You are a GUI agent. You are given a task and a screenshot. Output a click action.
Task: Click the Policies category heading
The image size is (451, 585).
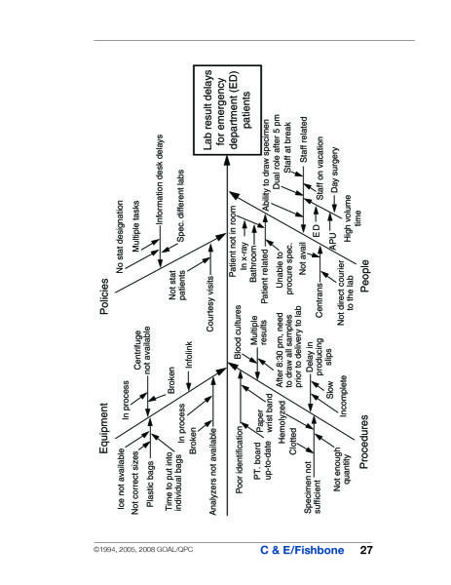click(105, 295)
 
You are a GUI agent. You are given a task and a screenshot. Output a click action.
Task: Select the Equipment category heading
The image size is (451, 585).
click(104, 428)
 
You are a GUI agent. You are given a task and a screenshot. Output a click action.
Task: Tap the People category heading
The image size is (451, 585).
click(365, 276)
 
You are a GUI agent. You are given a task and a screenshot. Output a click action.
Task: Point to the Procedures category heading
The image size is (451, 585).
click(363, 442)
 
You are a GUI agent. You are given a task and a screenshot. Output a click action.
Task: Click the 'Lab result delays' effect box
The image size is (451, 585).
click(227, 110)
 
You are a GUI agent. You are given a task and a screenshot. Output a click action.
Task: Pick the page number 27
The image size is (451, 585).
click(366, 550)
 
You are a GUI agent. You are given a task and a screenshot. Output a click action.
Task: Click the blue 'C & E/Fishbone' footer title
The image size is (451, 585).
click(302, 550)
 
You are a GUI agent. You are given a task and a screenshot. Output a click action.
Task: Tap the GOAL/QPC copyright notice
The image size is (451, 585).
click(143, 549)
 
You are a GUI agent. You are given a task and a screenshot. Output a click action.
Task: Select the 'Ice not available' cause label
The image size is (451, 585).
click(121, 479)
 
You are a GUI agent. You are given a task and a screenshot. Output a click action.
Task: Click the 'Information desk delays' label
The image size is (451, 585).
click(160, 179)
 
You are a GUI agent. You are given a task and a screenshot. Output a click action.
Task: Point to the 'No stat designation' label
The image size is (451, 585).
click(120, 237)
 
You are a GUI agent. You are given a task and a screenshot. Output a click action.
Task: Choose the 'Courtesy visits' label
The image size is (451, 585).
click(210, 303)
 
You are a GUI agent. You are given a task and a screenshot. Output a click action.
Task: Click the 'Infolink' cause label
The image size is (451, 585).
click(189, 355)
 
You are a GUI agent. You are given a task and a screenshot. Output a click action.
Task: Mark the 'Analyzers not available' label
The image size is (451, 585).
click(212, 472)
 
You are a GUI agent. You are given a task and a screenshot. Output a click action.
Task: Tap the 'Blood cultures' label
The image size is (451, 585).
click(238, 332)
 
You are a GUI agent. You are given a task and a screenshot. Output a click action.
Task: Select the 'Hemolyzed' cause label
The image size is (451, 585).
click(282, 422)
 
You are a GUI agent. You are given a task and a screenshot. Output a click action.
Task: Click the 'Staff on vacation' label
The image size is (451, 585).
click(320, 168)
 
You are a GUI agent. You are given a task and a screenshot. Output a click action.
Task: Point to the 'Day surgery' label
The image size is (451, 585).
click(335, 170)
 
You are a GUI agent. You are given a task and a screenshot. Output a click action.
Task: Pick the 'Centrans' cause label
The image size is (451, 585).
click(319, 300)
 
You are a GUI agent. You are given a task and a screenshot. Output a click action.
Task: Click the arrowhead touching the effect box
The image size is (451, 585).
click(227, 159)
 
